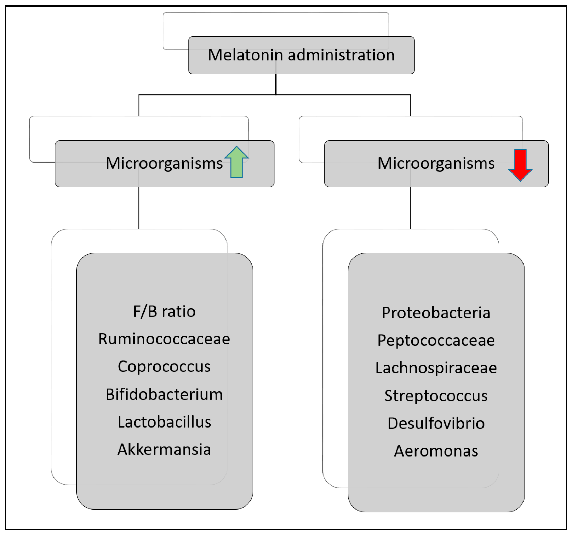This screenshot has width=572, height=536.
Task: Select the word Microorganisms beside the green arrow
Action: [x=164, y=163]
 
